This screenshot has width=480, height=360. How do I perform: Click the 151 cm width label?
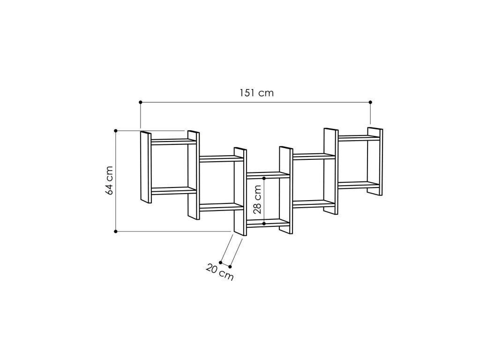[255, 93]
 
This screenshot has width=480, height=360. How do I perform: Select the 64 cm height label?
[109, 180]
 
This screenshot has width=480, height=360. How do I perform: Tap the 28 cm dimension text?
[257, 200]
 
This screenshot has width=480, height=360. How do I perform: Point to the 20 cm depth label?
[219, 272]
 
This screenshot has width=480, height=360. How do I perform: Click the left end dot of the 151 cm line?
[140, 102]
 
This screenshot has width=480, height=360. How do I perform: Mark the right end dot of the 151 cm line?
[370, 102]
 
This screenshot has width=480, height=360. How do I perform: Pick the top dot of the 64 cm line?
[115, 130]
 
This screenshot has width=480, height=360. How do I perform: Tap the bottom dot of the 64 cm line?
[115, 231]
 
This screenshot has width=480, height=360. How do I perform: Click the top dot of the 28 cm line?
[264, 178]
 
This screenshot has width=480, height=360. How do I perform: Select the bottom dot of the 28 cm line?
[264, 224]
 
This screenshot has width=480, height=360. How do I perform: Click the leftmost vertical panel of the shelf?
[146, 167]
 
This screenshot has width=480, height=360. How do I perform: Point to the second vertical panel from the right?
[330, 171]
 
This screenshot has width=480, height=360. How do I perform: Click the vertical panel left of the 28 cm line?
[240, 192]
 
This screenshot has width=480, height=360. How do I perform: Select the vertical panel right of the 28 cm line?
[285, 188]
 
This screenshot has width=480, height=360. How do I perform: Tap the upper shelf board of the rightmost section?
[359, 138]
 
